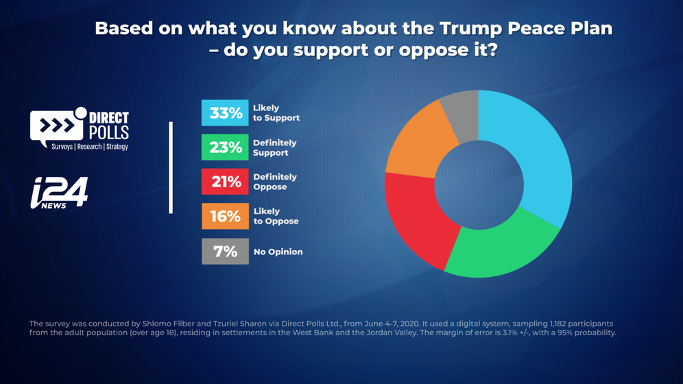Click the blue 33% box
click(x=225, y=113)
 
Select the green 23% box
click(x=225, y=147)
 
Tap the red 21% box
click(x=225, y=182)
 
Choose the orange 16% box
click(x=225, y=217)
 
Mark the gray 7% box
click(x=225, y=252)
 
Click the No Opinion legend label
click(x=278, y=252)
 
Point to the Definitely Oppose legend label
click(x=275, y=182)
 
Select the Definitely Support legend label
click(x=275, y=147)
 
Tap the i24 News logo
click(x=59, y=192)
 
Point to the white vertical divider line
click(x=171, y=168)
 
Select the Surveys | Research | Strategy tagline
click(x=90, y=147)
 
